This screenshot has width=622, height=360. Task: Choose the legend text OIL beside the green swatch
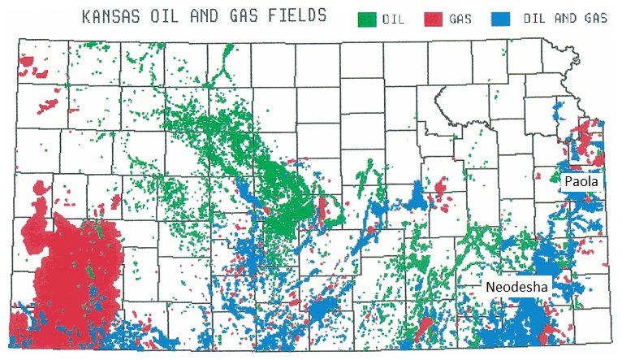tap(394, 19)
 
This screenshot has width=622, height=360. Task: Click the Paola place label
tap(582, 182)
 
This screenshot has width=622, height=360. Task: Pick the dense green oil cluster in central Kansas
tap(280, 203)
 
